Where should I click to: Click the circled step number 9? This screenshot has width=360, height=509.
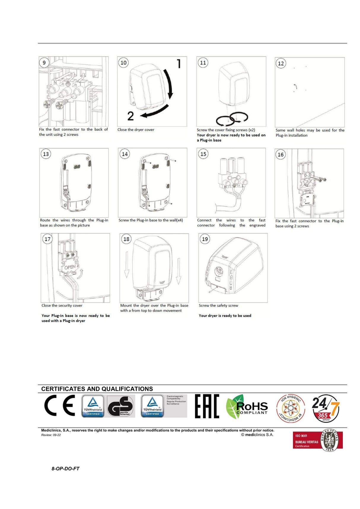(44, 63)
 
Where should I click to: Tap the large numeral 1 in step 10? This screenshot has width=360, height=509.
(179, 64)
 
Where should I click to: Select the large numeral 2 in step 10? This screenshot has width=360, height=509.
(130, 116)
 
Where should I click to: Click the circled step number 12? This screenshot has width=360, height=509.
(281, 63)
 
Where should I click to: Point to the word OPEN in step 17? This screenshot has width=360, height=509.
(70, 267)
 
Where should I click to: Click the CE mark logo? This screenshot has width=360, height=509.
(60, 405)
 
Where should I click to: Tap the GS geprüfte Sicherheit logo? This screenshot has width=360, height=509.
(120, 406)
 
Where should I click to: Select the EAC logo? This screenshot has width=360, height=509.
(207, 406)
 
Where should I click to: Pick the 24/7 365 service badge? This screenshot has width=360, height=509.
(325, 408)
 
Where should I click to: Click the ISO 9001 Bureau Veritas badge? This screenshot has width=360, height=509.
(317, 440)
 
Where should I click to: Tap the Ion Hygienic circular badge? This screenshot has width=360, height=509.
(290, 408)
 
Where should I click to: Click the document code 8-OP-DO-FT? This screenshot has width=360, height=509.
(65, 468)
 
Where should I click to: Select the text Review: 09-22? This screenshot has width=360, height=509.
(51, 435)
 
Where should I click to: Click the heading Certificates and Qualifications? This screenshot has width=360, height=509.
(97, 389)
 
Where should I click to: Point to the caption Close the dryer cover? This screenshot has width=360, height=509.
(136, 130)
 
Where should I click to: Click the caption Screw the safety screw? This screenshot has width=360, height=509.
(218, 305)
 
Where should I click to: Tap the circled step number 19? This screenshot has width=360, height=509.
(205, 239)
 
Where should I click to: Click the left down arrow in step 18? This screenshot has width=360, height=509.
(127, 265)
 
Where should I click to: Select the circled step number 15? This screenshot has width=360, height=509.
(203, 154)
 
